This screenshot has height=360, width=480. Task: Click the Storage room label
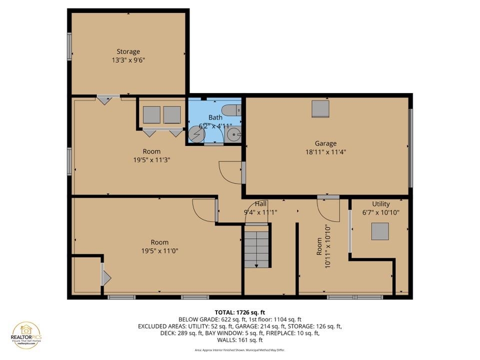128,51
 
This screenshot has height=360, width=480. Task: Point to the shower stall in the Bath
195,134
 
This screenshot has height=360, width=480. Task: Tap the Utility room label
380,204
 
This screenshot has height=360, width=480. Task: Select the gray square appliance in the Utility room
380,231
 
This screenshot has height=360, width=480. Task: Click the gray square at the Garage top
320,108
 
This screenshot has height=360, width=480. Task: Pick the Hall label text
260,204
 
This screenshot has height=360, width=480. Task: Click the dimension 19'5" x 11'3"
151,160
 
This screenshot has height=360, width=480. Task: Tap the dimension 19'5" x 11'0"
159,251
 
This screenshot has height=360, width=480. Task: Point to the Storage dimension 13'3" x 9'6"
128,60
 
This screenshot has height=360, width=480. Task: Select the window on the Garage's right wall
410,148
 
